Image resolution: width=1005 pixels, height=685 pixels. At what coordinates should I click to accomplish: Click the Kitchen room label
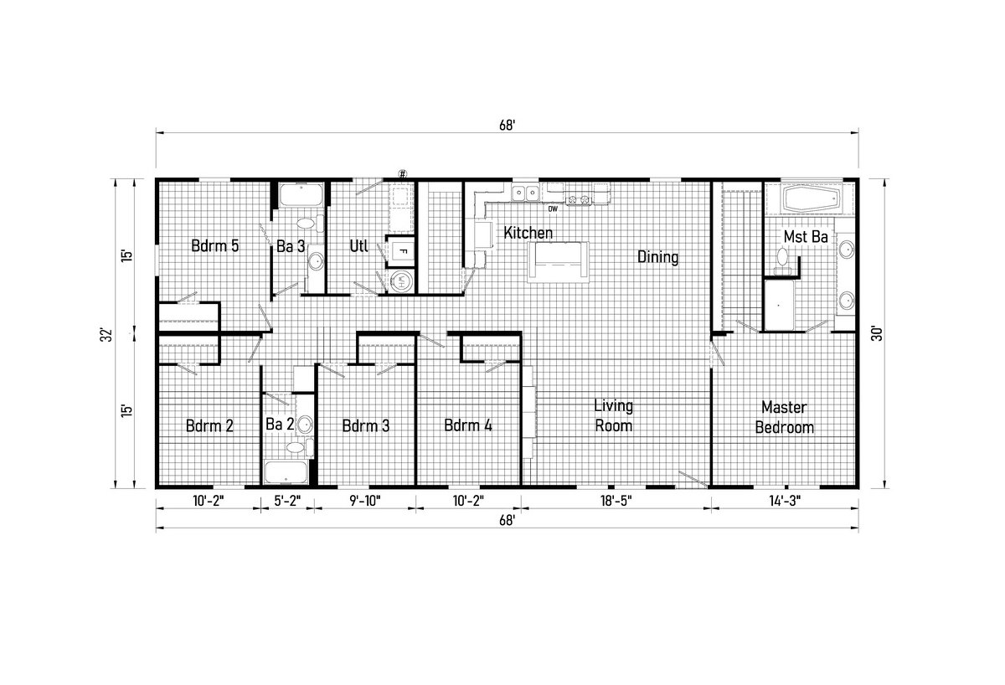(528, 233)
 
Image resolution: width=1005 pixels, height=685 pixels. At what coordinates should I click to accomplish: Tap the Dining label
(657, 257)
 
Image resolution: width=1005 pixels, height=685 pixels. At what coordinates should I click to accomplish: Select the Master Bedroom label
(784, 417)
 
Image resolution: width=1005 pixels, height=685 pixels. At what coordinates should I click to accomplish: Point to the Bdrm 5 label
(215, 246)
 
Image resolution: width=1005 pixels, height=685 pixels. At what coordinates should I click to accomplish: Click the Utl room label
(359, 246)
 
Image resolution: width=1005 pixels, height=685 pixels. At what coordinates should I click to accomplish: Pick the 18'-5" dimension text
(616, 501)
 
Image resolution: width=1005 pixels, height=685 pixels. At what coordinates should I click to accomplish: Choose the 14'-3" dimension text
(785, 501)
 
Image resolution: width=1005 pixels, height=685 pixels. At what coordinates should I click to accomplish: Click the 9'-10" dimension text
(365, 501)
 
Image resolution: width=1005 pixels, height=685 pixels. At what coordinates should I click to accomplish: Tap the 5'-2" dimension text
(287, 501)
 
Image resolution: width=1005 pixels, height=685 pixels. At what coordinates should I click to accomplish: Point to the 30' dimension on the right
(876, 334)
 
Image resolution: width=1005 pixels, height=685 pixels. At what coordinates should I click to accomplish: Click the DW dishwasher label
(553, 209)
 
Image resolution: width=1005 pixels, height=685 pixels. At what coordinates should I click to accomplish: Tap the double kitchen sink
(525, 193)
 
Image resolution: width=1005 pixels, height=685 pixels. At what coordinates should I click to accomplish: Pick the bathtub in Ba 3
(301, 194)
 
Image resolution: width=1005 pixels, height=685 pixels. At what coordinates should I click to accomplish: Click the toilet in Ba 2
(295, 447)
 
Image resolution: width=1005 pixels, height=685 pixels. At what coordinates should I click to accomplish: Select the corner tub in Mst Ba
(811, 200)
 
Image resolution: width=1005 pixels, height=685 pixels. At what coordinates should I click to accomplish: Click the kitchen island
(558, 262)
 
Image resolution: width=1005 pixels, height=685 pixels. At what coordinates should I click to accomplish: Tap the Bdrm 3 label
(366, 425)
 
